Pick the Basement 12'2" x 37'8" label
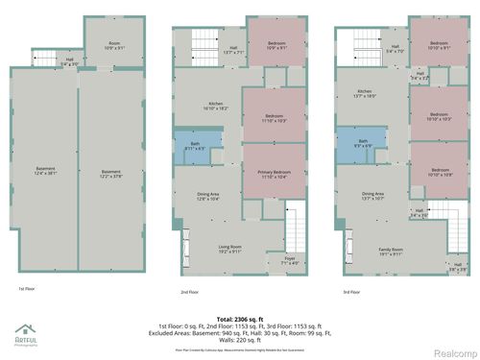(112, 174)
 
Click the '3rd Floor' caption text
(352, 292)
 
